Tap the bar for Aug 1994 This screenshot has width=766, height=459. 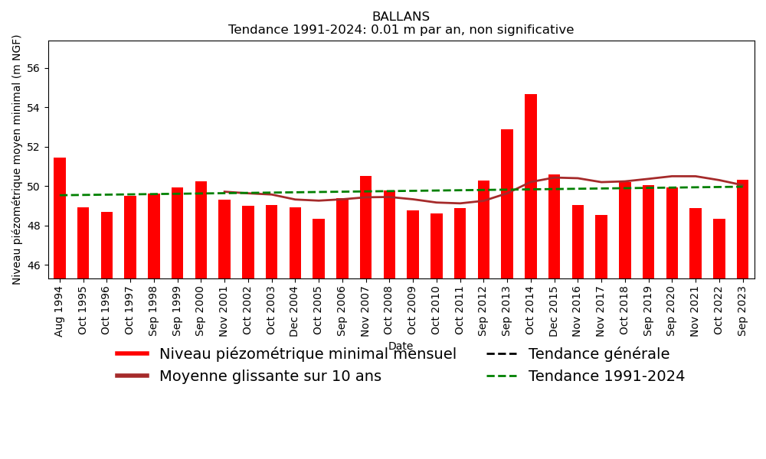pos(60,218)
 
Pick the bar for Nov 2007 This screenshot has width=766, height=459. pos(365,227)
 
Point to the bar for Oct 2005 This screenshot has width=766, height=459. pos(319,249)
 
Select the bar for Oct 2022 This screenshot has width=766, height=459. pos(719,249)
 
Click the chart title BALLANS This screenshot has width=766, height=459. pos(401,17)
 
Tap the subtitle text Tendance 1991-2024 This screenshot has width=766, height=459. pos(401,30)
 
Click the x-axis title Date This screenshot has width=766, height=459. pos(401,347)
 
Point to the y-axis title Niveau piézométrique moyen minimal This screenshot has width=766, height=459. pos(17,159)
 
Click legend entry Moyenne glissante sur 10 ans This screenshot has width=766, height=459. pos(270,376)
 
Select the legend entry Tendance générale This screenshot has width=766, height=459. pos(598,354)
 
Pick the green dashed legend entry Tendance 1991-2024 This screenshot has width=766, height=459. pos(606,376)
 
